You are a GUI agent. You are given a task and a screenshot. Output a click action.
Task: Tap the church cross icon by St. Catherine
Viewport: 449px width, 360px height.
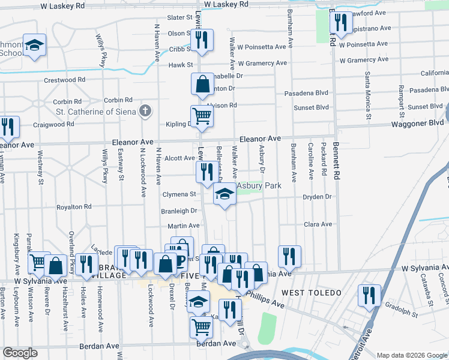pyautogui.click(x=145, y=110)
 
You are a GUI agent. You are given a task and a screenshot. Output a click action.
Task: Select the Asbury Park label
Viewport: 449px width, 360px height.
pyautogui.click(x=259, y=186)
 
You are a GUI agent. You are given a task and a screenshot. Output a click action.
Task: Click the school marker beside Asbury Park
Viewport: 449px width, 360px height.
pyautogui.click(x=224, y=194)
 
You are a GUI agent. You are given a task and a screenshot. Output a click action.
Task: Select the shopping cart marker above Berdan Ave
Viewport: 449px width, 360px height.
pyautogui.click(x=202, y=327)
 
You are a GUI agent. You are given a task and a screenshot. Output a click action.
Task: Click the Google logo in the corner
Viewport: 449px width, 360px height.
pyautogui.click(x=20, y=353)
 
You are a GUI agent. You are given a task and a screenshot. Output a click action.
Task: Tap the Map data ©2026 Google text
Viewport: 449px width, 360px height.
pyautogui.click(x=411, y=355)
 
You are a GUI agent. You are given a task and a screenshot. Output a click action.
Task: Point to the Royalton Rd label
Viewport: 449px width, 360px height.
pyautogui.click(x=73, y=207)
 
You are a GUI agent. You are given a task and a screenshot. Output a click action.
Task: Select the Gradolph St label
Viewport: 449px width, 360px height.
pyautogui.click(x=402, y=311)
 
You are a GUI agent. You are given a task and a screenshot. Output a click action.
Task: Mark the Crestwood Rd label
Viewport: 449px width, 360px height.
pyautogui.click(x=64, y=80)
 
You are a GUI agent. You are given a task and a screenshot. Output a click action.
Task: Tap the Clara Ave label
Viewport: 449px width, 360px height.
pyautogui.click(x=318, y=224)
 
